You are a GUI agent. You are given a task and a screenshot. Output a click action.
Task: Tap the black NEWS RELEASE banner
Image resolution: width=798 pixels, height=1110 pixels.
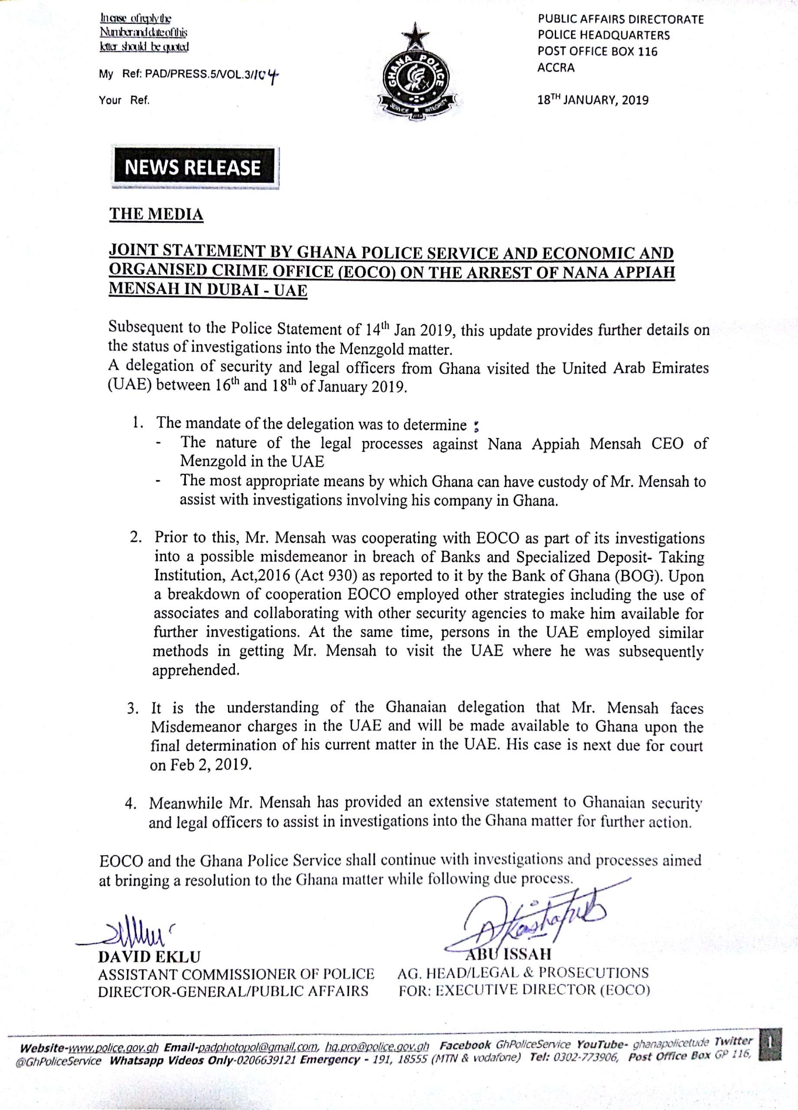point(193,168)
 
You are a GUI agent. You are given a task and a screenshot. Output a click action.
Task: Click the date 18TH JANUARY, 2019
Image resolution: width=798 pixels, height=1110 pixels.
point(593,100)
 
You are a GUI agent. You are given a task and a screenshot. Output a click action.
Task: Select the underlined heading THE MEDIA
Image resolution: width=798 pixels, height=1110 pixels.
point(156,214)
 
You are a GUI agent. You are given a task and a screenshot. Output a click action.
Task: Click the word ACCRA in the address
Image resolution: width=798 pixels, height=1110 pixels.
point(556,68)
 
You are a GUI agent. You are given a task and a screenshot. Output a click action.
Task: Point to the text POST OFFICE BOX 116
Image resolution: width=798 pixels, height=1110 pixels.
point(597,52)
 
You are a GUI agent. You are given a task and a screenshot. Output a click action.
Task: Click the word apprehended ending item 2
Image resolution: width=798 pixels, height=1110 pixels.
point(196,670)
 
